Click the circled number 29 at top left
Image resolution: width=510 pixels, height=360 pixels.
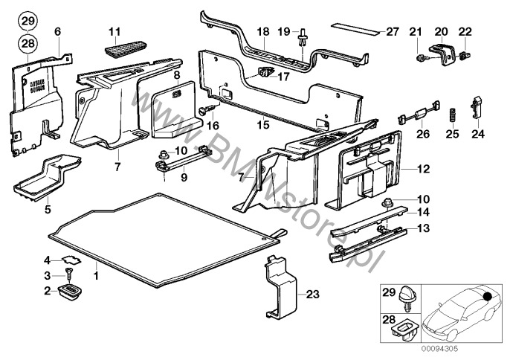click(27, 20)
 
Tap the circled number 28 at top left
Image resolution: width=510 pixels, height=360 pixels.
click(27, 45)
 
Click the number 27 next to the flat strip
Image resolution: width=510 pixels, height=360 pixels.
click(393, 31)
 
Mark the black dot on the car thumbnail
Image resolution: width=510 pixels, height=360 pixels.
click(488, 296)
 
